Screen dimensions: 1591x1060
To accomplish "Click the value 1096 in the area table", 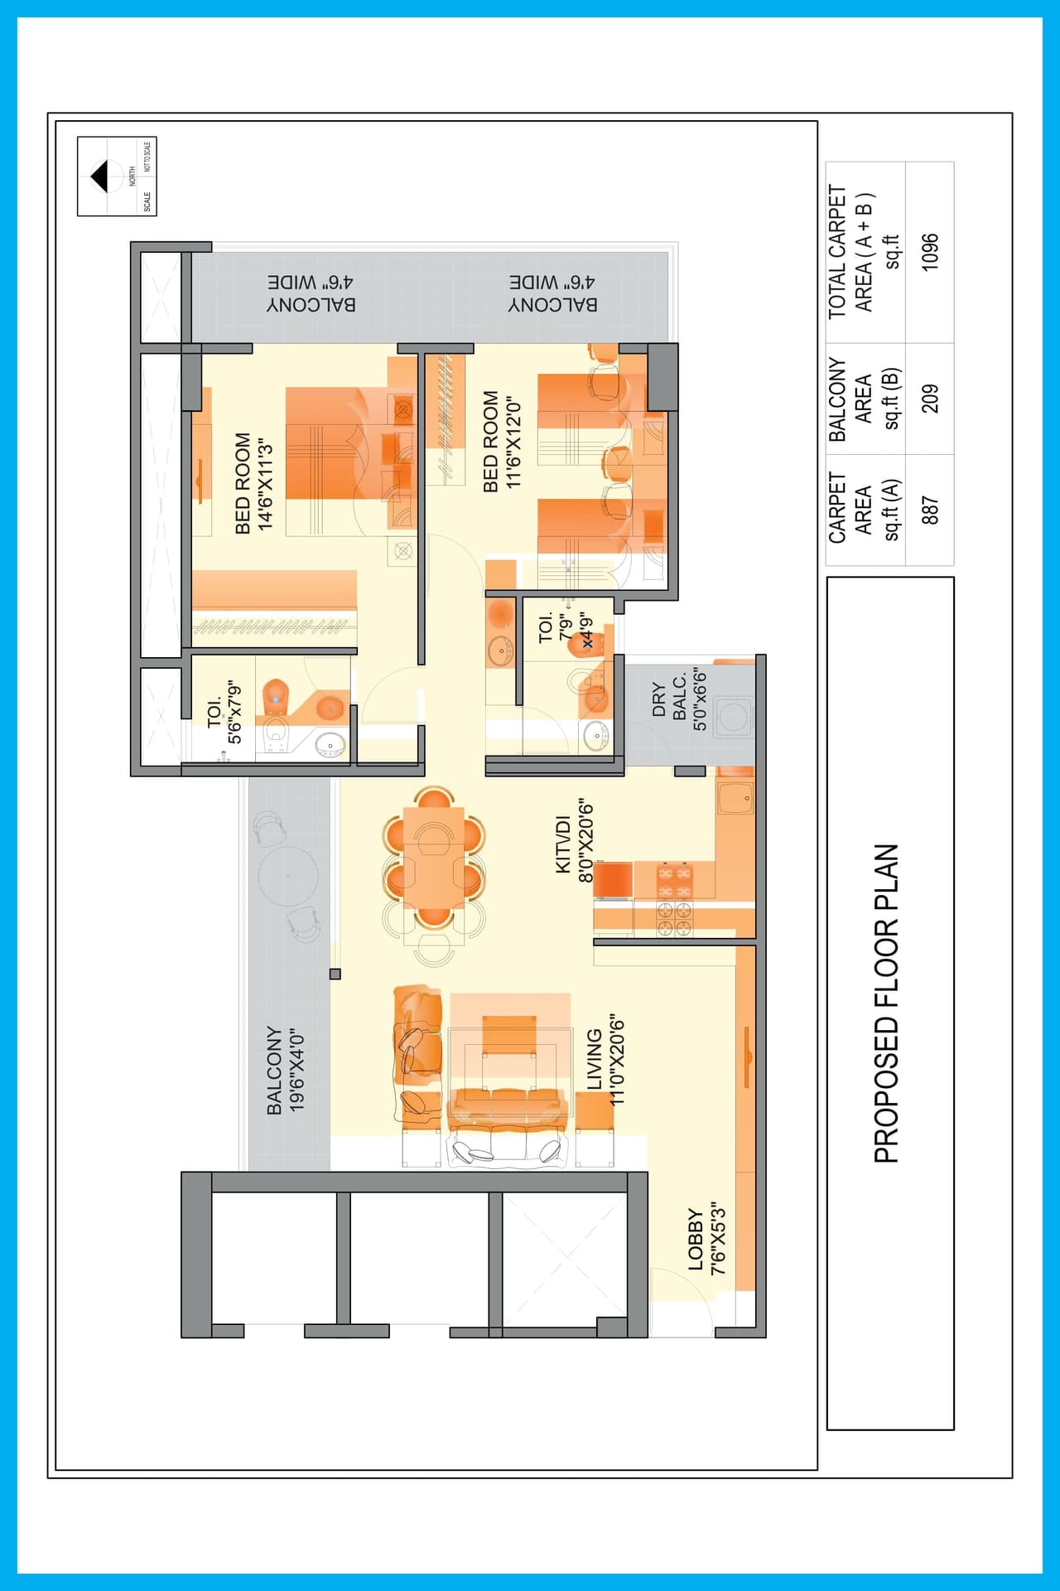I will click(930, 251).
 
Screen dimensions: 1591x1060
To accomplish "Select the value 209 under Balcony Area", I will click(930, 399).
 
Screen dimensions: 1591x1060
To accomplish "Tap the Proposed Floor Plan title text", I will click(887, 1003).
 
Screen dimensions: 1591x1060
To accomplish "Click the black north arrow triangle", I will click(99, 177).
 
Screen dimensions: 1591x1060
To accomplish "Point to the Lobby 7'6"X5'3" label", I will click(706, 1238).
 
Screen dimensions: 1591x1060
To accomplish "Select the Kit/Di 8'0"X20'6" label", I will click(575, 841).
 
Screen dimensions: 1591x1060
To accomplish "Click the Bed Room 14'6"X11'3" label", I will click(253, 483).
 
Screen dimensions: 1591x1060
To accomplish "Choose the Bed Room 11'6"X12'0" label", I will click(502, 442).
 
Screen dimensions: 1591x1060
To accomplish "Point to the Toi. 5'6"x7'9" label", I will click(224, 713).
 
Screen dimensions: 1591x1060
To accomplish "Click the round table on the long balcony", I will click(287, 876).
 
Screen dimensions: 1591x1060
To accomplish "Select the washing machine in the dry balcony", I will click(732, 716).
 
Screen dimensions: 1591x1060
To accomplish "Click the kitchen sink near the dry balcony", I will click(734, 800).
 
